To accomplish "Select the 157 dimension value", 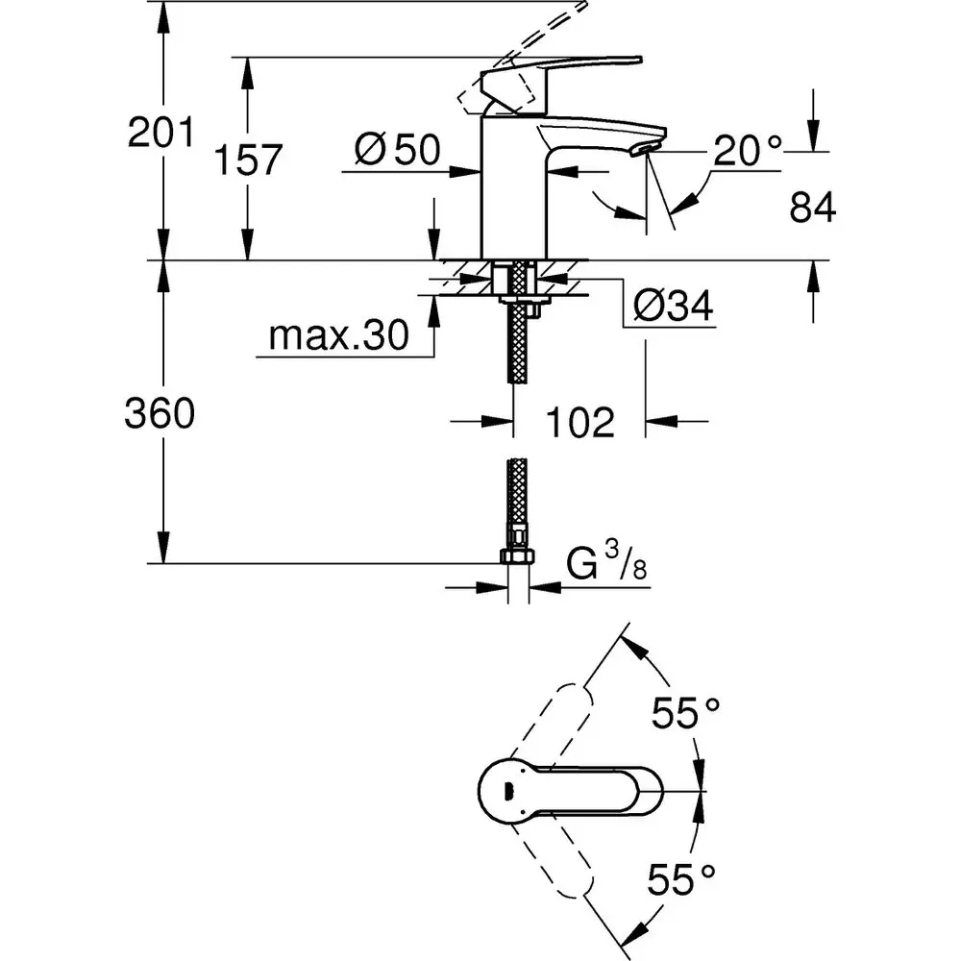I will point(247,160).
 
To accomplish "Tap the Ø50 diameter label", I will point(396,149).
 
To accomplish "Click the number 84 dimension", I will point(812,208).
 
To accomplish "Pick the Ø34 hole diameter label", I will point(673,307).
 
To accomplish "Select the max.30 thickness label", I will point(338,335).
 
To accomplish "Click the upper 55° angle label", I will point(685,714).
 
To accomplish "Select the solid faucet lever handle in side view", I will point(557,74).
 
